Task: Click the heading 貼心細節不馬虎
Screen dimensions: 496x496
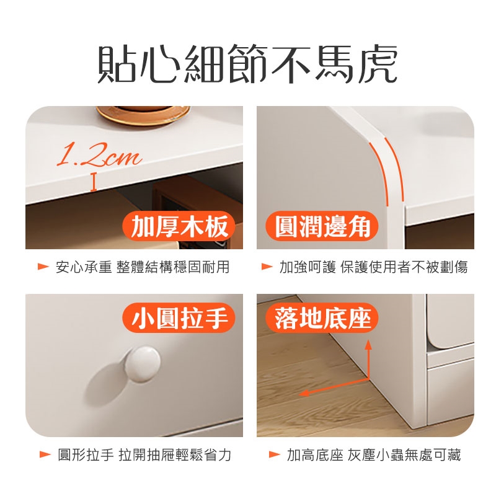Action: click(247, 64)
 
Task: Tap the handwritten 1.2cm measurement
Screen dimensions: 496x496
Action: click(99, 154)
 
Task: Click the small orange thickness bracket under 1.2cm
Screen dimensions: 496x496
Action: click(94, 182)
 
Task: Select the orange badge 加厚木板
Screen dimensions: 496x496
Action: click(179, 226)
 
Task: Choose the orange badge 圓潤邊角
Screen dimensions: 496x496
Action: click(322, 226)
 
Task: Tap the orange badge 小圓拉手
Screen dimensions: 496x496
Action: click(179, 318)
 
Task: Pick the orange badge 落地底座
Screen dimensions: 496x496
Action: click(322, 318)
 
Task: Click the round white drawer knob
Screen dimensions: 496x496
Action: click(143, 365)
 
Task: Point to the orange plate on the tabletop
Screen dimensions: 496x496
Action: click(143, 115)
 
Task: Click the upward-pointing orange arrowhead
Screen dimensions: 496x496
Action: click(368, 345)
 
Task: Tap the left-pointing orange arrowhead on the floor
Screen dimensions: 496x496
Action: click(304, 393)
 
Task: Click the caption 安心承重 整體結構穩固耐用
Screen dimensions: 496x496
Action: click(143, 267)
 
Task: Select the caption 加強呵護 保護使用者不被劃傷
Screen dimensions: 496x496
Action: click(373, 267)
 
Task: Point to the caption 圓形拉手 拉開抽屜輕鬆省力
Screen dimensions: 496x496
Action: click(144, 454)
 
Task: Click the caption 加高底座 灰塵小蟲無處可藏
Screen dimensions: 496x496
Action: click(374, 454)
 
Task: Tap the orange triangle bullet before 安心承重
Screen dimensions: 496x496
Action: click(43, 267)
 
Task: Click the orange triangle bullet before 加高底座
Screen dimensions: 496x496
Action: click(274, 454)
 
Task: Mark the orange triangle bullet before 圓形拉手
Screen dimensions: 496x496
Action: click(45, 454)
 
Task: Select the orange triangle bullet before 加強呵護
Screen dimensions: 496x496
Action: click(267, 267)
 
